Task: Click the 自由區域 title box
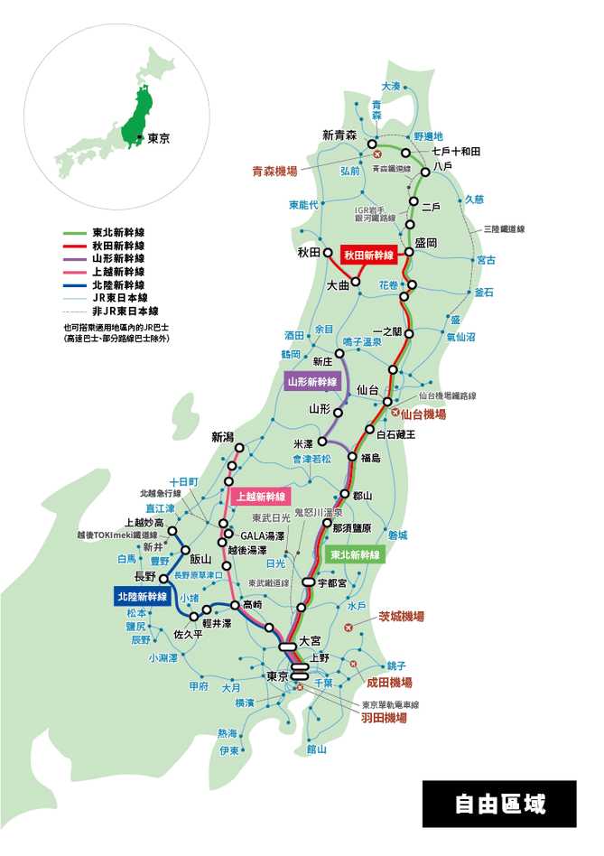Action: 499,804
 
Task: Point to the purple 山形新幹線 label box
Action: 312,382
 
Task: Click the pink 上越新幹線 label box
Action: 260,497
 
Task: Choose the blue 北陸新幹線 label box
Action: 143,597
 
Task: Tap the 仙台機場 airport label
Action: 423,414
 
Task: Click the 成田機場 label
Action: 389,683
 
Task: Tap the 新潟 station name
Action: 222,437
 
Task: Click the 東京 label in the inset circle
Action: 159,139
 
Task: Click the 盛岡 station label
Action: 426,243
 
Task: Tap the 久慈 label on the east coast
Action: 474,200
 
